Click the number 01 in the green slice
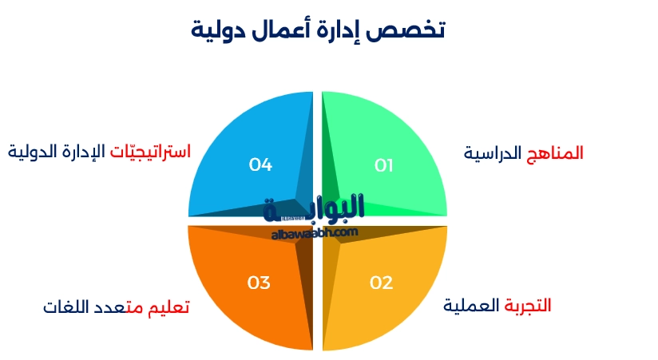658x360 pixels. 384,165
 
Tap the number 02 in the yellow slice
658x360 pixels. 382,282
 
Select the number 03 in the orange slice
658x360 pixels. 259,282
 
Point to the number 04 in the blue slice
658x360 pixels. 261,165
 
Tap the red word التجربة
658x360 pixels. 527,305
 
